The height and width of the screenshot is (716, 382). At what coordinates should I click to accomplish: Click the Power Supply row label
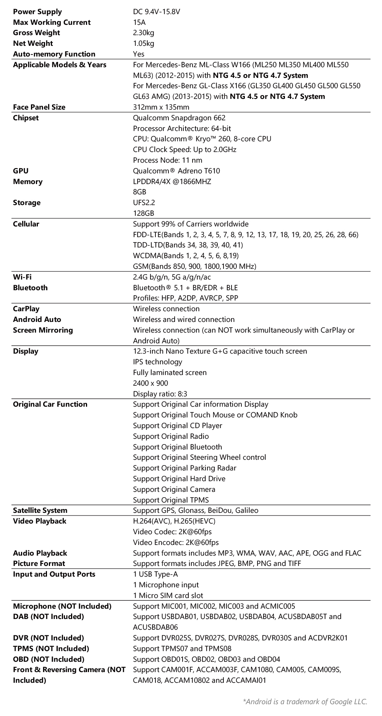pos(37,12)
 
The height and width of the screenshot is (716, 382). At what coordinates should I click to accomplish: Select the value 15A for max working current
pos(139,23)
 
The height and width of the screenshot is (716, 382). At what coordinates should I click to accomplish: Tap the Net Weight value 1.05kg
pos(144,44)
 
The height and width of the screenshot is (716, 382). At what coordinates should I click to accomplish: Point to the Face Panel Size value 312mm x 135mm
pos(161,107)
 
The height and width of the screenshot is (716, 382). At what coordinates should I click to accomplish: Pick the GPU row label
pos(21,171)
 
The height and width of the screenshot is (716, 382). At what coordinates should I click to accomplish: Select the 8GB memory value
pos(139,192)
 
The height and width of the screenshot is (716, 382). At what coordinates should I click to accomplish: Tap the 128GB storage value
pos(144,213)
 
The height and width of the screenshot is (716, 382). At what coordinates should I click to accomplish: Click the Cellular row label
pos(26,224)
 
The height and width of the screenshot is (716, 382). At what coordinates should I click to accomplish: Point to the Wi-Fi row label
pos(22,277)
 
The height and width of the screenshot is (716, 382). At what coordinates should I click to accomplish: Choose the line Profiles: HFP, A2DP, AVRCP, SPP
pos(185,298)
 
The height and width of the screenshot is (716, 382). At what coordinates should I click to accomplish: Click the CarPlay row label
pos(26,309)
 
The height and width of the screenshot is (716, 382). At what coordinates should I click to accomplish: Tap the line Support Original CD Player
pos(177,426)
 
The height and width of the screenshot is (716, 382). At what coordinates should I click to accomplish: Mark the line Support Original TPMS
pos(171,500)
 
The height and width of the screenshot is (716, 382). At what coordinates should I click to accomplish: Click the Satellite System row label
pos(40,511)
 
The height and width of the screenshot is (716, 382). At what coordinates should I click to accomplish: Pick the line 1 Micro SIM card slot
pos(168,596)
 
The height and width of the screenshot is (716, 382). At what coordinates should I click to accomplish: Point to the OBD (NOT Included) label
pos(49,659)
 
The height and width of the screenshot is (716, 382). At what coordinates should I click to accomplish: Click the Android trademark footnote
pos(305,701)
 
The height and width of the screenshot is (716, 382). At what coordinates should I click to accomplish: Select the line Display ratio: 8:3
pos(160,394)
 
